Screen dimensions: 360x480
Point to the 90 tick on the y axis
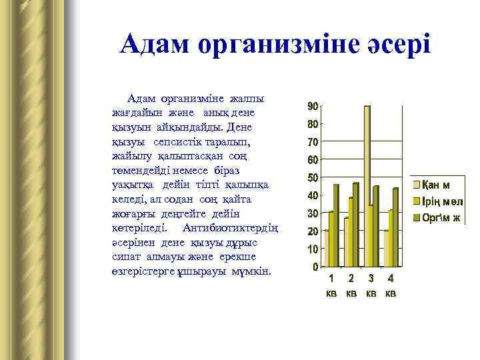312,107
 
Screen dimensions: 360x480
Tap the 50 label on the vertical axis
312,178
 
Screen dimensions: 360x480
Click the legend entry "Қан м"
441,184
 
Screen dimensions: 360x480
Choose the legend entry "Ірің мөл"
443,201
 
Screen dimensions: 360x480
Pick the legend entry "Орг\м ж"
443,218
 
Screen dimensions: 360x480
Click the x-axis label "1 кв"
331,285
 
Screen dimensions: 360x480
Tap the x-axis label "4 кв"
391,285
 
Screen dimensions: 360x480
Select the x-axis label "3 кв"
371,285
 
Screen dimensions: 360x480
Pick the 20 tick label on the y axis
312,231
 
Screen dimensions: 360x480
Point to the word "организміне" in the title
276,45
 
